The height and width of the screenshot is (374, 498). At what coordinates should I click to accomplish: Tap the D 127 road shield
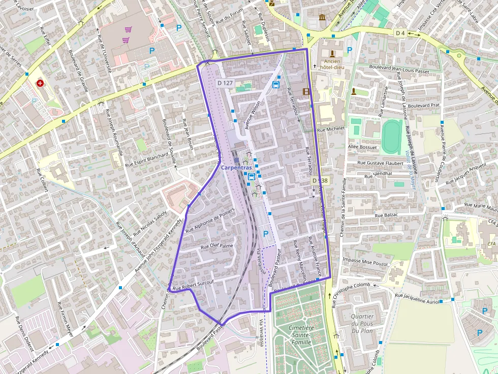[225, 83]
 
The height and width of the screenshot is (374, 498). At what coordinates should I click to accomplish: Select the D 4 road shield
[400, 33]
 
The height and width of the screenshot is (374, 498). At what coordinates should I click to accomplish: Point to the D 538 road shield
[320, 181]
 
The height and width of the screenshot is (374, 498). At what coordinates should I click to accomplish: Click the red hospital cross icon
[40, 83]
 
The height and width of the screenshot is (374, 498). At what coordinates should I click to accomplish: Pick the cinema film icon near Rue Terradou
[306, 91]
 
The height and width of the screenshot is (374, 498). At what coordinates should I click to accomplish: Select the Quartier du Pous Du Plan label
[361, 324]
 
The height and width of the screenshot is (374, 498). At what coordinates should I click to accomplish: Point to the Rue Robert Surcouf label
[193, 286]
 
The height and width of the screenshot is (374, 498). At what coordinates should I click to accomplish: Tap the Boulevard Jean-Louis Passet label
[399, 66]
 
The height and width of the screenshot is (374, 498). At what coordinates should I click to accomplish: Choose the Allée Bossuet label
[363, 147]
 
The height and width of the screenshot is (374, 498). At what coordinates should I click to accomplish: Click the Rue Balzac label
[386, 215]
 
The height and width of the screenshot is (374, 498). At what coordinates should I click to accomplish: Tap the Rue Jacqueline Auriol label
[417, 298]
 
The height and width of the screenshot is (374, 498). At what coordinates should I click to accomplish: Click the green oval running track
[392, 136]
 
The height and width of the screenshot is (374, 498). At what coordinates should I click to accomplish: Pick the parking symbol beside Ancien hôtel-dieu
[349, 50]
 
